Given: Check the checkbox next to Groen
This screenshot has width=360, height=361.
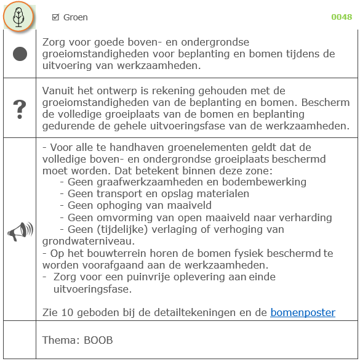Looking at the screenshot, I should (x=55, y=17).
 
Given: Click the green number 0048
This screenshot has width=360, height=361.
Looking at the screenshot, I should (x=342, y=17).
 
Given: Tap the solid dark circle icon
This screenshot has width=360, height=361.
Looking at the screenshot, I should (x=20, y=54).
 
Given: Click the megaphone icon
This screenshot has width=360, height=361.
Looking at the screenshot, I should (x=19, y=230).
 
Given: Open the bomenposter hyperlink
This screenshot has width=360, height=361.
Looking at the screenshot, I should (x=303, y=312).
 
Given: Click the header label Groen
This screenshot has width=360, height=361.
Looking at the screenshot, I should (x=76, y=17).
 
